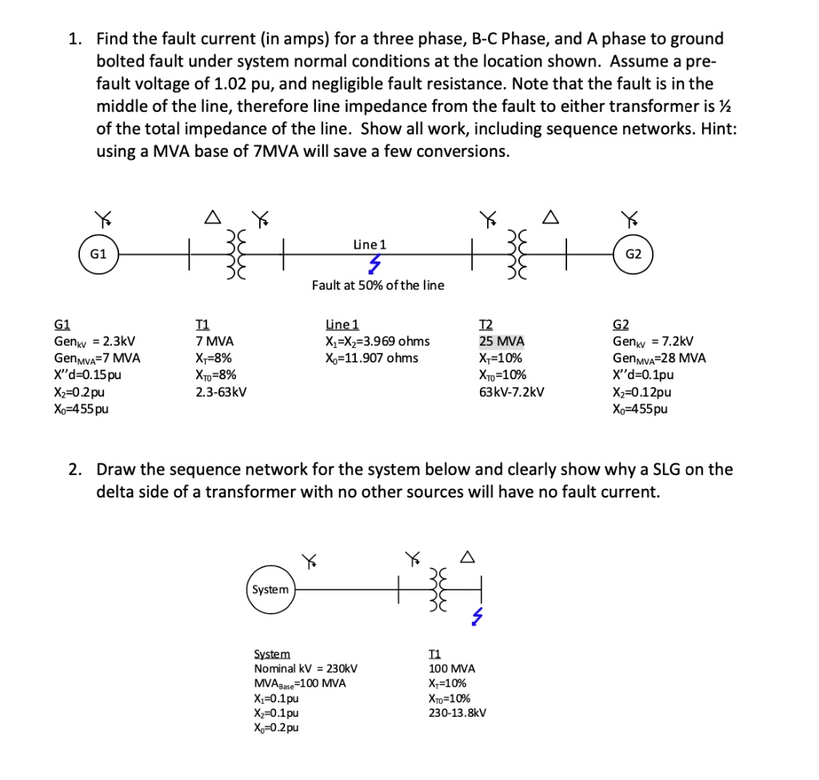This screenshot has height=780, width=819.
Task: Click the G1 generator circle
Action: point(98,254)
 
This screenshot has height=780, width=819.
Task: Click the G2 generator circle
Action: point(633,254)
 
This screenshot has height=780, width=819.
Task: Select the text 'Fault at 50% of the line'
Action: point(378,286)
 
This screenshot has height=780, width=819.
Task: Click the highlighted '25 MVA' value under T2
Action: point(501,341)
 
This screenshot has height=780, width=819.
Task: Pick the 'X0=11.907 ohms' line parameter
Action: point(371,358)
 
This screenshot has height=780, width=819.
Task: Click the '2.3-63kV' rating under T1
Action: point(221,392)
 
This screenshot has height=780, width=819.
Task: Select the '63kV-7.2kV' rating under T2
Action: point(512,392)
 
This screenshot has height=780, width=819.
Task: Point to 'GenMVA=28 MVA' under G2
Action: point(659,358)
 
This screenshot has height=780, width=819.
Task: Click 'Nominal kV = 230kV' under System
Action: point(305,668)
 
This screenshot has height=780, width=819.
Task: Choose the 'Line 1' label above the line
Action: point(370,244)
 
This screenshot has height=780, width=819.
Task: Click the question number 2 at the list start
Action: point(74,470)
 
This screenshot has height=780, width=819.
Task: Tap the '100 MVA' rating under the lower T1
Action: point(452,668)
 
